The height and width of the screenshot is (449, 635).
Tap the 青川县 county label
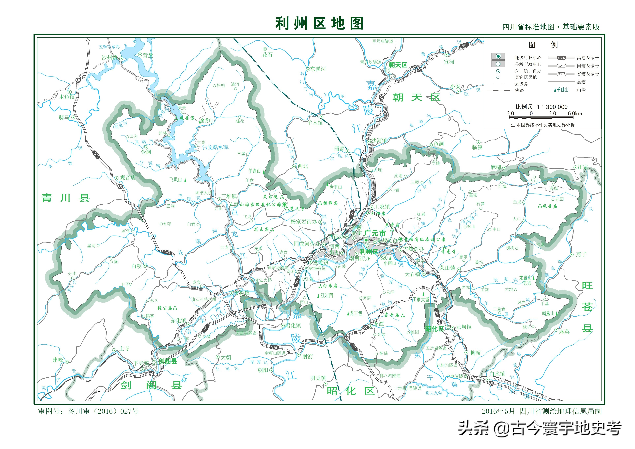[66, 198]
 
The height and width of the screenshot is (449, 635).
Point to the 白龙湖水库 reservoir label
[215, 147]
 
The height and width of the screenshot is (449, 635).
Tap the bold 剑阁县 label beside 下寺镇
[168, 361]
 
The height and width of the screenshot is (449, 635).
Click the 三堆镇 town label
[229, 196]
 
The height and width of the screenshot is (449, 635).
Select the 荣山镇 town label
[448, 268]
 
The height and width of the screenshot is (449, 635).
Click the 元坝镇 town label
[464, 327]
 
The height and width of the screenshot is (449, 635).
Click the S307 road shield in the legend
[561, 74]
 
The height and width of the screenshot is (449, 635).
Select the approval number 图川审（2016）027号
[103, 411]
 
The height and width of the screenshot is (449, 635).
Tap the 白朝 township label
[137, 266]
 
